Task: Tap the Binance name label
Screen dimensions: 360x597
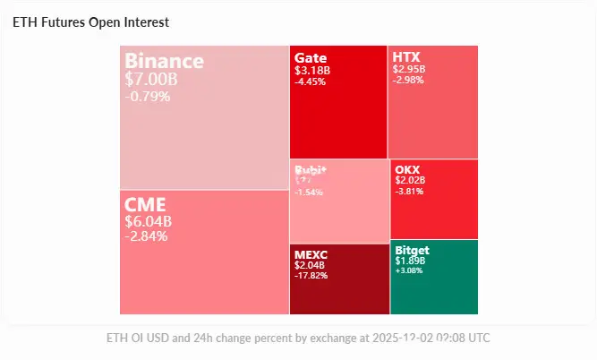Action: coord(164,61)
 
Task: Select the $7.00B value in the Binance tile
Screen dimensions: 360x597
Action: coord(151,79)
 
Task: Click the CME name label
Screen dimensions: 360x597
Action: coord(145,204)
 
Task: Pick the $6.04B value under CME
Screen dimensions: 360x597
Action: coord(148,221)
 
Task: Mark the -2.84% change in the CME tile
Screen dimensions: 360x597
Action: coord(146,236)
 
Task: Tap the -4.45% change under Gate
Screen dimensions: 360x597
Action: coord(310,81)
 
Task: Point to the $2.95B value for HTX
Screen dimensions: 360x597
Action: coord(409,69)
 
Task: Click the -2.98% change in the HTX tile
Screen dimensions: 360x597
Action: coord(407,80)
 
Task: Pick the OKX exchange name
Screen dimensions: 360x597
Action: coord(406,169)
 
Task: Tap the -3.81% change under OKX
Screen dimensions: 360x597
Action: coord(410,191)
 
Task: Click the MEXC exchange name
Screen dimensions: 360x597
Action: coord(312,254)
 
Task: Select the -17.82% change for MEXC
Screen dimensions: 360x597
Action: coord(311,276)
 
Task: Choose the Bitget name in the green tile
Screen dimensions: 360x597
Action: coord(412,250)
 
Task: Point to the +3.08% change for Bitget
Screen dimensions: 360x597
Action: coord(411,271)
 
